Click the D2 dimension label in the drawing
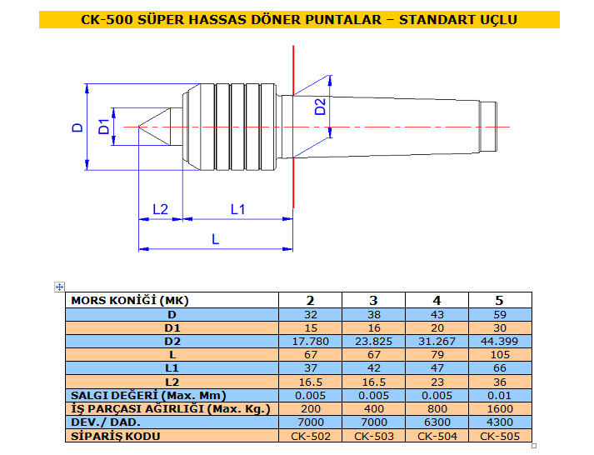pyautogui.click(x=320, y=107)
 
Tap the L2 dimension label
pyautogui.click(x=160, y=209)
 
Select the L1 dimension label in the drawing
pyautogui.click(x=238, y=209)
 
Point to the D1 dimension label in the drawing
pyautogui.click(x=103, y=127)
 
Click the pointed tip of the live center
pyautogui.click(x=138, y=127)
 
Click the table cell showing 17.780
pyautogui.click(x=310, y=342)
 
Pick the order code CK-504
pyautogui.click(x=437, y=436)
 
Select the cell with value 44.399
pyautogui.click(x=499, y=342)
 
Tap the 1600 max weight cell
pyautogui.click(x=500, y=409)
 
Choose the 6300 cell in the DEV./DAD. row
pyautogui.click(x=437, y=422)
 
